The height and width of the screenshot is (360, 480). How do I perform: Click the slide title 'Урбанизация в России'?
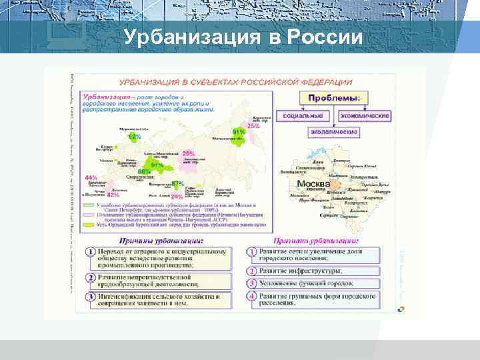pyautogui.click(x=243, y=37)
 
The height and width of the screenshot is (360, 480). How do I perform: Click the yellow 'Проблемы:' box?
pyautogui.click(x=335, y=98)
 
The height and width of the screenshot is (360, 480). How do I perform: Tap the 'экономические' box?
pyautogui.click(x=365, y=116)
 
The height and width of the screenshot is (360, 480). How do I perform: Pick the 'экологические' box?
pyautogui.click(x=333, y=132)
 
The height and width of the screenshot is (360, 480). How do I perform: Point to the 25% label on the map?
pyautogui.click(x=253, y=125)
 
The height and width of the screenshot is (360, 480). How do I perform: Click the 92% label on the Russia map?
pyautogui.click(x=135, y=136)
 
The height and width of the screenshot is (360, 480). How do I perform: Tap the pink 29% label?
pyautogui.click(x=189, y=154)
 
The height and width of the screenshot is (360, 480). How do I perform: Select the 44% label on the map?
pyautogui.click(x=92, y=178)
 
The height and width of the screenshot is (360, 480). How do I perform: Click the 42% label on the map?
pyautogui.click(x=113, y=195)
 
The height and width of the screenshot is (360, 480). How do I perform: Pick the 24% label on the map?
pyautogui.click(x=177, y=197)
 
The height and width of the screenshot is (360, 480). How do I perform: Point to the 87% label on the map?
pyautogui.click(x=178, y=183)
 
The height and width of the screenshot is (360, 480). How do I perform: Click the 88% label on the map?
pyautogui.click(x=144, y=171)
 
